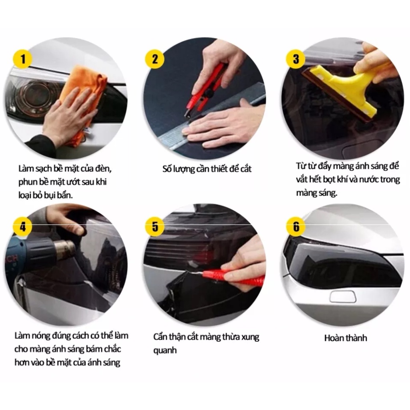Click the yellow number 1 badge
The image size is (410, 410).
(23, 59)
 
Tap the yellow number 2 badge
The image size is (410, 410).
(155, 59)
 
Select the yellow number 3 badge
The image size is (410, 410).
(296, 59)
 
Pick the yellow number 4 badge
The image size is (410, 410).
(23, 227)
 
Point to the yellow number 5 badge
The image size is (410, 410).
(155, 227)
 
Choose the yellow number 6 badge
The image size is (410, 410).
(296, 227)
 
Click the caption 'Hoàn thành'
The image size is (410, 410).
(346, 338)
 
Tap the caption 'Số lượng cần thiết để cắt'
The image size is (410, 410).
(207, 169)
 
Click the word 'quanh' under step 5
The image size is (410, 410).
(165, 350)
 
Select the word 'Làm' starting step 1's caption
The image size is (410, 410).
(26, 169)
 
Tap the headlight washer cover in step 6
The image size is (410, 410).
(343, 297)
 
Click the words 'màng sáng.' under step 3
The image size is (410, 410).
(317, 193)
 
